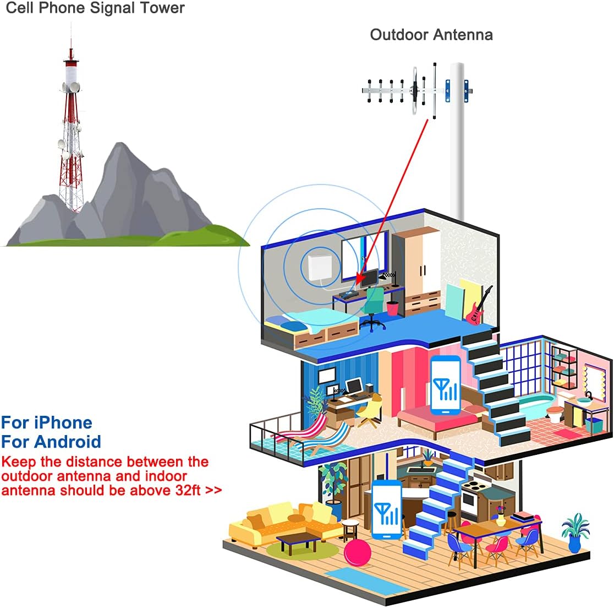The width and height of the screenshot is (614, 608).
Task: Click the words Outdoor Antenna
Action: click(x=431, y=35)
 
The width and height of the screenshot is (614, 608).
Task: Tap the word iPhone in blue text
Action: click(x=63, y=423)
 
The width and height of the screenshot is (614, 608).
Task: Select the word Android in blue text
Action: click(x=68, y=442)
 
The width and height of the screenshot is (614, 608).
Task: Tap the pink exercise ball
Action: click(x=358, y=553)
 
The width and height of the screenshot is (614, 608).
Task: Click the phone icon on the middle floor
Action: click(x=445, y=385)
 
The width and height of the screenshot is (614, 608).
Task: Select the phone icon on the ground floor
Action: click(x=387, y=510)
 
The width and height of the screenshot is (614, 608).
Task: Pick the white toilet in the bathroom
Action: click(x=555, y=413)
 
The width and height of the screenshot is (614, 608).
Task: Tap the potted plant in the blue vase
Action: click(x=575, y=532)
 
